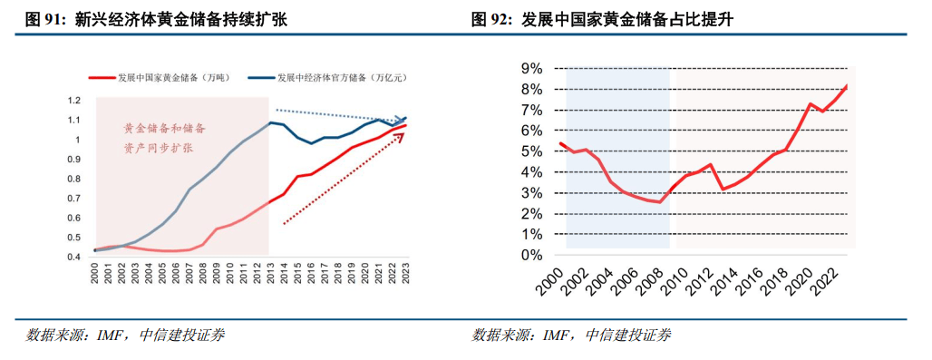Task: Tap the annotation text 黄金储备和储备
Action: [164, 129]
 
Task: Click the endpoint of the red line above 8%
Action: [847, 85]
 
